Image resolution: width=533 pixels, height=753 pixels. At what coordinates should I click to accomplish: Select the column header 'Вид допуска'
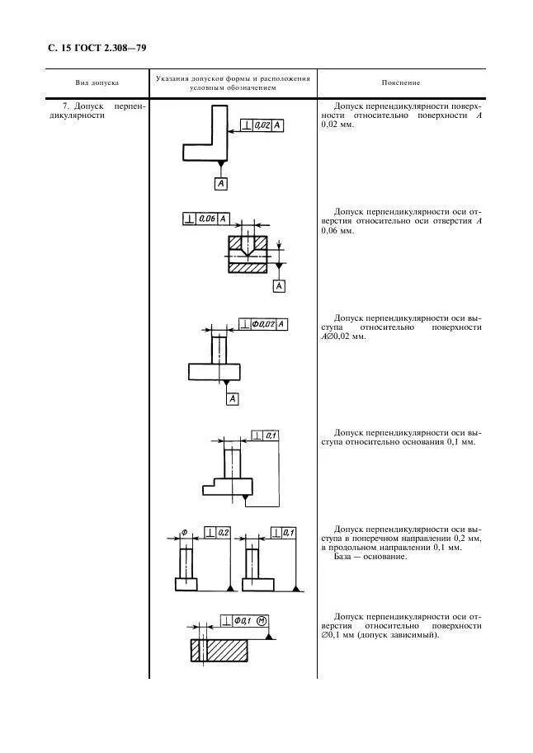[97, 82]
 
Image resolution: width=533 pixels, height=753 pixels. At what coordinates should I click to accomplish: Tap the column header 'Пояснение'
[401, 82]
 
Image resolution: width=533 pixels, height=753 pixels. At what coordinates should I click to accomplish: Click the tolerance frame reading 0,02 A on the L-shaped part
[263, 125]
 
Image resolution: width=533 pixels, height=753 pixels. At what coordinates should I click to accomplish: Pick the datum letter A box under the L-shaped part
[220, 184]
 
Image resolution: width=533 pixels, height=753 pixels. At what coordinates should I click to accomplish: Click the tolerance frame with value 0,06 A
[205, 219]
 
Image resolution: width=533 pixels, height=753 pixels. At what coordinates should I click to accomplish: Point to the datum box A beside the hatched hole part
[279, 285]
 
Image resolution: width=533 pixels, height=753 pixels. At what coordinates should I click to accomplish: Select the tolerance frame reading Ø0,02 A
[263, 324]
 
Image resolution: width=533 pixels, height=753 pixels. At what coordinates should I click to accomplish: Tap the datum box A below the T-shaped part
[233, 398]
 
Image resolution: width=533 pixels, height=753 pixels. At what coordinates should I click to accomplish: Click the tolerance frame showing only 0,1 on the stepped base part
[266, 435]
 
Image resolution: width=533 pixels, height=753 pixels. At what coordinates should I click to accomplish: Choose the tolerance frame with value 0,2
[217, 532]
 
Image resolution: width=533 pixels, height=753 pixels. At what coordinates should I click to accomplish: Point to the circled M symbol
[262, 620]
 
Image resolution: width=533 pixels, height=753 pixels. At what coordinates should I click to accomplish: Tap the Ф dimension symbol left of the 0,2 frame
[184, 532]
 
